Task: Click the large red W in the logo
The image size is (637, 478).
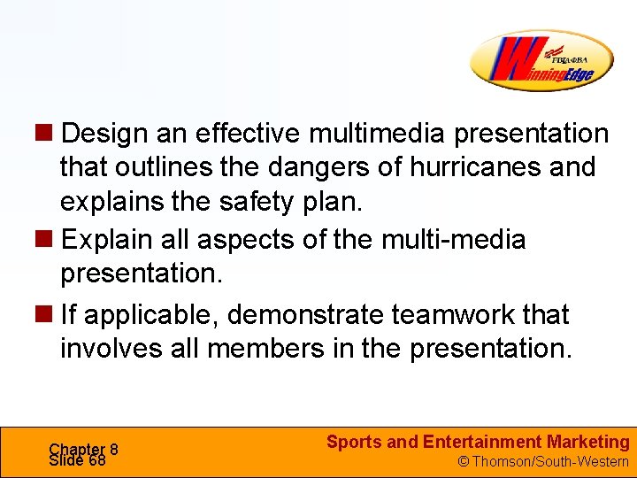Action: pos(511,60)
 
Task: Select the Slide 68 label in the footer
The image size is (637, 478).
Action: pos(78,460)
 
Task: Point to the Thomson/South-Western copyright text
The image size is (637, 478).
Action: pos(542,461)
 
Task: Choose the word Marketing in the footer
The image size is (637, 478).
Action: pos(589,442)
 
